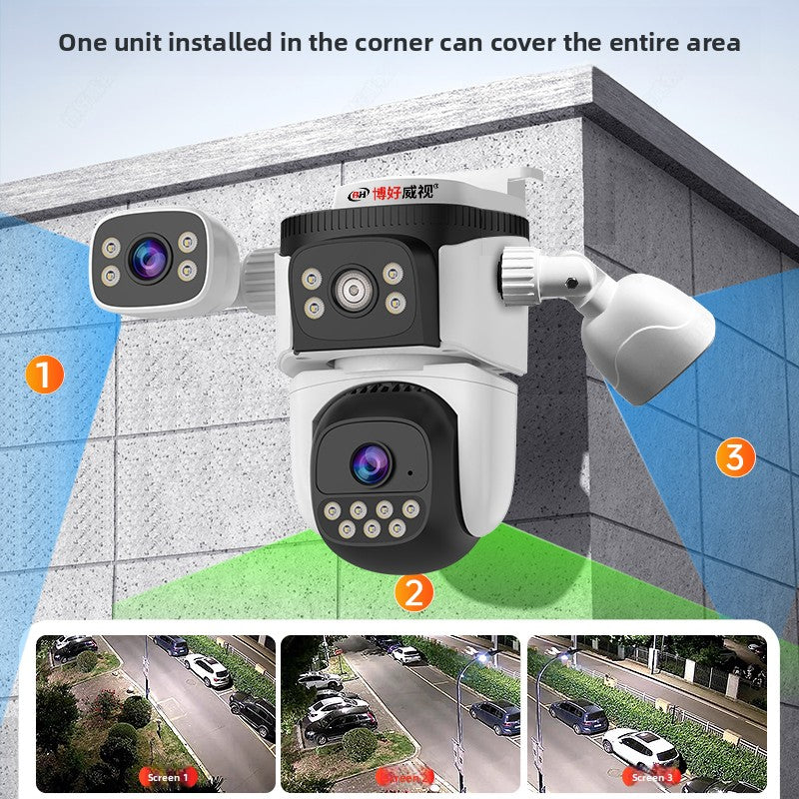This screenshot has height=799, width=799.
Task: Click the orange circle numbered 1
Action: tap(44, 375)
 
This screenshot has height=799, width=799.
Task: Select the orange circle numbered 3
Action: tap(735, 457)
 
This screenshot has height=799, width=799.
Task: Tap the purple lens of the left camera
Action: tap(149, 258)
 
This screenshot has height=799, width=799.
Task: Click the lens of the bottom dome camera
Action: tap(368, 460)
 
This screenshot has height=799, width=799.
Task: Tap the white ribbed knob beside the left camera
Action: tap(258, 281)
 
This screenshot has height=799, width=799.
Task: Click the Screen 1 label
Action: tap(165, 777)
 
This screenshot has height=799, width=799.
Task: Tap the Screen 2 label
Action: tap(406, 777)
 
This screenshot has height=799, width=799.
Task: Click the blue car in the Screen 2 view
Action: tap(494, 716)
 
